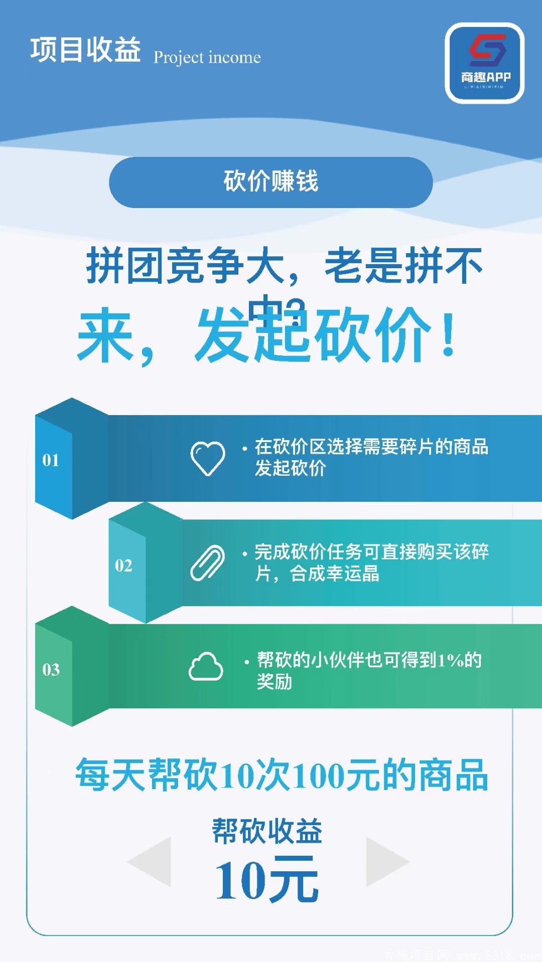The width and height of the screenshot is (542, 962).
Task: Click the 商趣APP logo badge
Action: pyautogui.click(x=484, y=63)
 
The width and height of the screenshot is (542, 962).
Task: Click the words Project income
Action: pyautogui.click(x=207, y=58)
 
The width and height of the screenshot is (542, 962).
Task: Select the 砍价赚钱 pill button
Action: pyautogui.click(x=270, y=182)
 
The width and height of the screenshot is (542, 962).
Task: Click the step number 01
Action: pyautogui.click(x=51, y=460)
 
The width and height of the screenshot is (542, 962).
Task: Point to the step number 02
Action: pyautogui.click(x=123, y=565)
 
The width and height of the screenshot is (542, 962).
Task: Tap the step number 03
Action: pyautogui.click(x=51, y=670)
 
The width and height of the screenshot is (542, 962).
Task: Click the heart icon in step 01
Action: pyautogui.click(x=207, y=458)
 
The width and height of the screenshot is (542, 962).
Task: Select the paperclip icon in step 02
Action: pyautogui.click(x=207, y=562)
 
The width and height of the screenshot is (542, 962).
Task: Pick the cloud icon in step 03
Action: pyautogui.click(x=206, y=667)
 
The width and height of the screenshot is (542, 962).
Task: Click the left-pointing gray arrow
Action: pyautogui.click(x=150, y=861)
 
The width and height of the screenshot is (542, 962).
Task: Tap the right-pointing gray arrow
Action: pyautogui.click(x=387, y=861)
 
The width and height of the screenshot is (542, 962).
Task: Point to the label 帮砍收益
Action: pyautogui.click(x=266, y=831)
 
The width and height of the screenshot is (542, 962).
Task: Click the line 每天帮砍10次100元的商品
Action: pyautogui.click(x=281, y=776)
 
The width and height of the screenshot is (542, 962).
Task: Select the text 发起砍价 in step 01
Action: pyautogui.click(x=290, y=468)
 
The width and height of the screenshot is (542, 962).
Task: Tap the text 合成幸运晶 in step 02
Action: pyautogui.click(x=334, y=573)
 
